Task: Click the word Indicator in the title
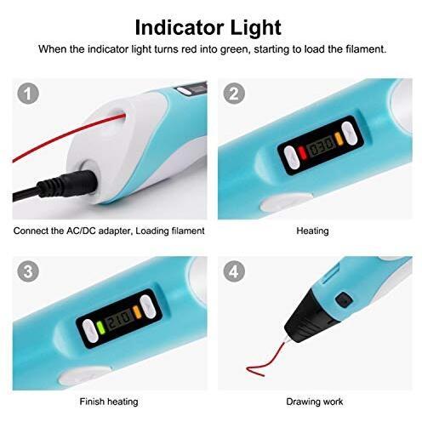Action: (180, 27)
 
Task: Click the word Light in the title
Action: (255, 28)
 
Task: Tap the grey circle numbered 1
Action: (28, 94)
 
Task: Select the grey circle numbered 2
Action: (234, 94)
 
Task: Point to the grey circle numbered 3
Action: (28, 271)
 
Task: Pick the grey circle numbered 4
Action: (234, 271)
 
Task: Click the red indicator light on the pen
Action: (303, 153)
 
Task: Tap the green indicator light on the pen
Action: (100, 328)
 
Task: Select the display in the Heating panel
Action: (321, 145)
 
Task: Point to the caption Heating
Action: (312, 231)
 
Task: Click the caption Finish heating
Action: (109, 402)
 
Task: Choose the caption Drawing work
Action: (315, 402)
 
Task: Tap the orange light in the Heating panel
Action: (339, 139)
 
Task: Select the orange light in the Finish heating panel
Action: (137, 311)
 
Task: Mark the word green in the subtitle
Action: (236, 49)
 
